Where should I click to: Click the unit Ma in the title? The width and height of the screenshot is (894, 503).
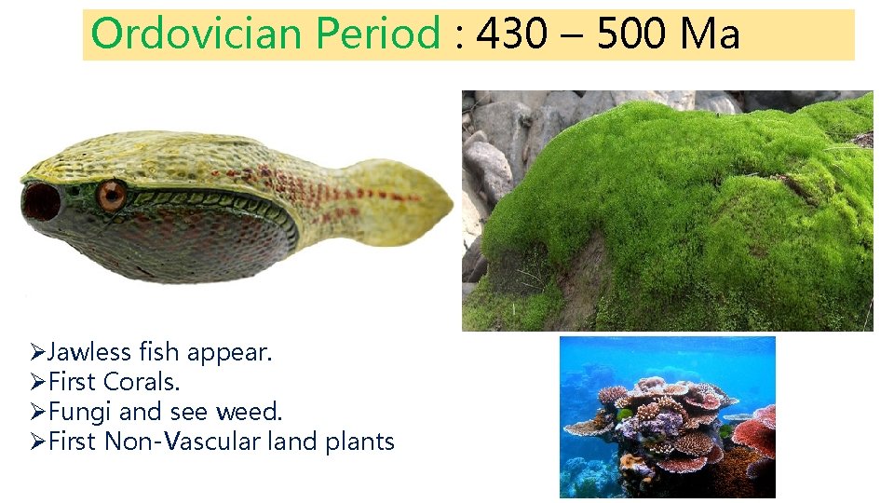[710, 34]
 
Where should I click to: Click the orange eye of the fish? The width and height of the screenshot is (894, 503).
[112, 195]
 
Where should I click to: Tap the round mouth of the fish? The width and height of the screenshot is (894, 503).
[40, 200]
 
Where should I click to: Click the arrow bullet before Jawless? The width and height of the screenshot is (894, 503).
[37, 353]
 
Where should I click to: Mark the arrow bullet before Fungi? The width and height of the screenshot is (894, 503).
[37, 412]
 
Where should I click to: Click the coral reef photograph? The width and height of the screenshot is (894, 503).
[667, 416]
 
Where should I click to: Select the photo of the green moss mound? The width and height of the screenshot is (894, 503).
[667, 211]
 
